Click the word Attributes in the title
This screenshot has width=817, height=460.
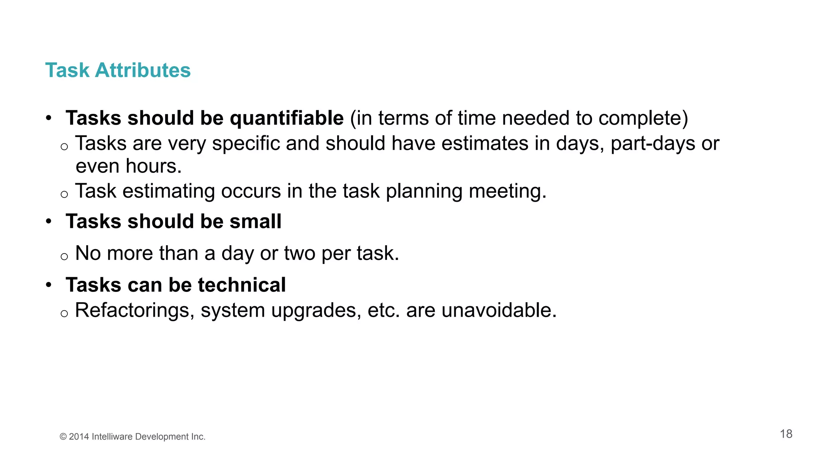pos(142,70)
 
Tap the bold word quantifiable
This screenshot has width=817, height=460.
pos(286,118)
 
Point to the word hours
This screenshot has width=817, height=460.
pos(154,166)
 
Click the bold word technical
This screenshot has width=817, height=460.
pos(242,285)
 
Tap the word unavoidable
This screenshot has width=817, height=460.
pos(499,310)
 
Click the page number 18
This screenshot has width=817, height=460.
pos(786,434)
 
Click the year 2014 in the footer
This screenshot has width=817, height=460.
pos(79,437)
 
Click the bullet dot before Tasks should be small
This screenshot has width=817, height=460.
pos(49,221)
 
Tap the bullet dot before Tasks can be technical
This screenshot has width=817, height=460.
pos(49,285)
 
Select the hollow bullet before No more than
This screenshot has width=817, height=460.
pos(64,256)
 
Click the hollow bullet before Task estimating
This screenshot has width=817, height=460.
pos(64,194)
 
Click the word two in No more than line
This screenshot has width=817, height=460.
pos(300,253)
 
